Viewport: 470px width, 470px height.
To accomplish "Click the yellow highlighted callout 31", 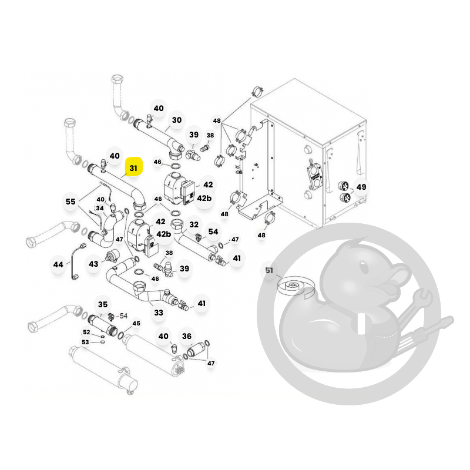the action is tap(133, 168).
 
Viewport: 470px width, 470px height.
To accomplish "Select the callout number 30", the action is tap(177, 120).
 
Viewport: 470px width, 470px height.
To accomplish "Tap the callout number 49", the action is tap(361, 187).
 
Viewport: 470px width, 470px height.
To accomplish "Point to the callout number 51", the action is tap(269, 271).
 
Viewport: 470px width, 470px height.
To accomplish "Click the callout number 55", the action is tap(70, 202).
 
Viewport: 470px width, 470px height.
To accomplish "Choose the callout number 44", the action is tap(58, 265).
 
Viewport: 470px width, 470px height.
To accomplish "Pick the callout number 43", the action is tap(93, 264).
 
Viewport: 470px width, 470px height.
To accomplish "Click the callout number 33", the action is tap(159, 313).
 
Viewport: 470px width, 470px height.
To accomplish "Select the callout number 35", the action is tap(103, 304).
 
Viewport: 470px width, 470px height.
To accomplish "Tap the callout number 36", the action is tap(187, 336).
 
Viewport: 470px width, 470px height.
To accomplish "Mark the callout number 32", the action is tap(194, 224).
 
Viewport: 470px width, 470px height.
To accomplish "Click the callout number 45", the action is tap(136, 324).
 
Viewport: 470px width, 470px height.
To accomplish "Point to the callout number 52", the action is tap(86, 332).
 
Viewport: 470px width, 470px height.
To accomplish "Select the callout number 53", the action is tap(85, 342).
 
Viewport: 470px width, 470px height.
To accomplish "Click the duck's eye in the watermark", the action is tap(364, 267).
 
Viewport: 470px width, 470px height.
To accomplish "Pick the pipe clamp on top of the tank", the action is tap(257, 92).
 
